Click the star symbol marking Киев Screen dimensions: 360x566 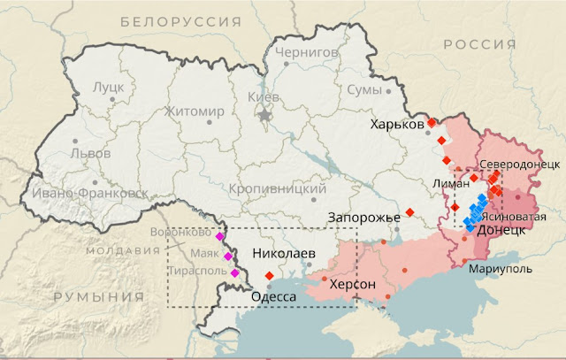click(x=263, y=114)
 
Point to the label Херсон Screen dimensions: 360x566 click(x=353, y=285)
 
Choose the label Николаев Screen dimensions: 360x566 click(x=284, y=253)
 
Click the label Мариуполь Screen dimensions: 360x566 click(x=501, y=267)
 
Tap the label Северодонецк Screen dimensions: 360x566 click(x=519, y=165)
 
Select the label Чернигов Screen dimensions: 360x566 click(x=307, y=52)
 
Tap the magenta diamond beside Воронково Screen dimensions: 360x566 click(x=219, y=236)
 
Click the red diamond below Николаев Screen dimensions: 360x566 click(x=269, y=275)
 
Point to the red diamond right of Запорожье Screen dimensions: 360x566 click(x=410, y=212)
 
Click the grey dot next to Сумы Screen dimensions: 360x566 click(x=386, y=90)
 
